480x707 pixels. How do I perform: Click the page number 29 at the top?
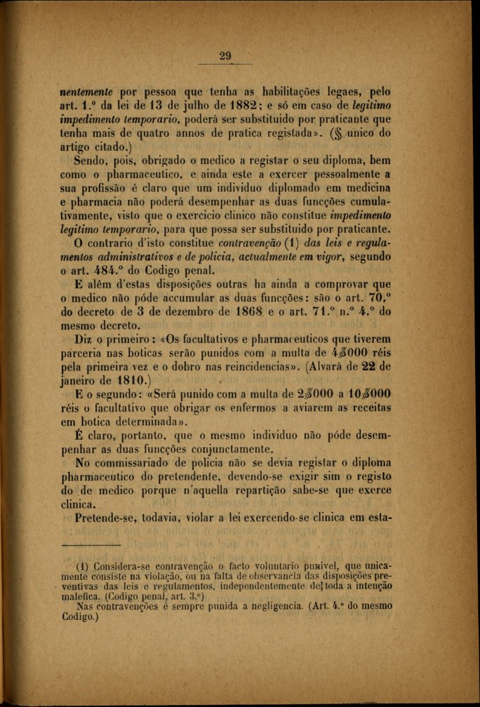pyautogui.click(x=225, y=57)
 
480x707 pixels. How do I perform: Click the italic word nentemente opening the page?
pyautogui.click(x=88, y=91)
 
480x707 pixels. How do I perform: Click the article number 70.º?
pyautogui.click(x=379, y=298)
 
